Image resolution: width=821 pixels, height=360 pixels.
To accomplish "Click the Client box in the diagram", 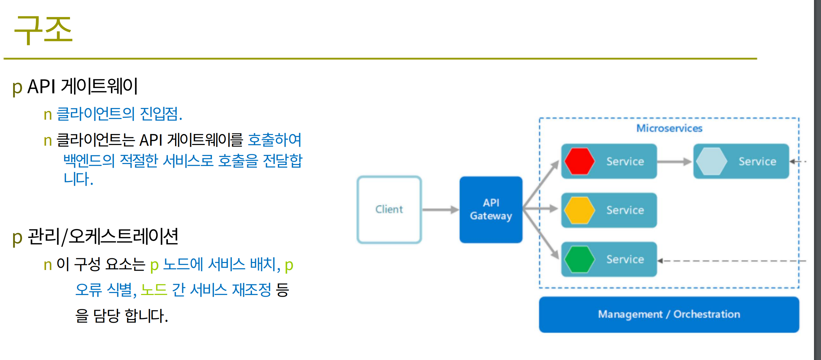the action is click(389, 209).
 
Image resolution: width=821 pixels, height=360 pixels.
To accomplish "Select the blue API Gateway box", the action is click(491, 209).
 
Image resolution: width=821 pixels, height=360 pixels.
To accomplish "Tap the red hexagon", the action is click(579, 161).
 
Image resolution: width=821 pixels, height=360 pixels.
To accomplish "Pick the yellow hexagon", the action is click(579, 210).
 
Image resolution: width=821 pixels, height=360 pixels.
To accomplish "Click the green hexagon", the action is click(579, 259).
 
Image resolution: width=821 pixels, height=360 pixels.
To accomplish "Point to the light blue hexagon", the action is click(712, 161).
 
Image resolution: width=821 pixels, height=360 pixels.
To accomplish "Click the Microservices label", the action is click(669, 128).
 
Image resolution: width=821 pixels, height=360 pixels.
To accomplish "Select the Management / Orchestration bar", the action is click(669, 314).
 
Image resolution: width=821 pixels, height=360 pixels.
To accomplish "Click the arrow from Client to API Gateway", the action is click(440, 210).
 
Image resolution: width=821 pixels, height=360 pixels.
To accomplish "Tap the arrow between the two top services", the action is click(674, 162).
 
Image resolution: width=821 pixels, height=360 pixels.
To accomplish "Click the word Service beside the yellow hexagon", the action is click(625, 210).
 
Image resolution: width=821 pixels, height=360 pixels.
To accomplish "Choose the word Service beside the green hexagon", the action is click(625, 259).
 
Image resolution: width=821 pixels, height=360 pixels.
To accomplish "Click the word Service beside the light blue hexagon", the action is click(757, 161).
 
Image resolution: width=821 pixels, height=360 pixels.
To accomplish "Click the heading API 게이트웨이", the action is click(82, 86).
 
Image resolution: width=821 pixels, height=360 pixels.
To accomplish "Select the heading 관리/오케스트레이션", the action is click(103, 236).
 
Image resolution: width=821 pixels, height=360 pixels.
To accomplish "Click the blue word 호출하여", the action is click(275, 140).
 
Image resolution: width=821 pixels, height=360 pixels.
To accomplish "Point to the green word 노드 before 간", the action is click(154, 289).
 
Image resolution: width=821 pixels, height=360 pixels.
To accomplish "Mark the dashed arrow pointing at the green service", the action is click(732, 261).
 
